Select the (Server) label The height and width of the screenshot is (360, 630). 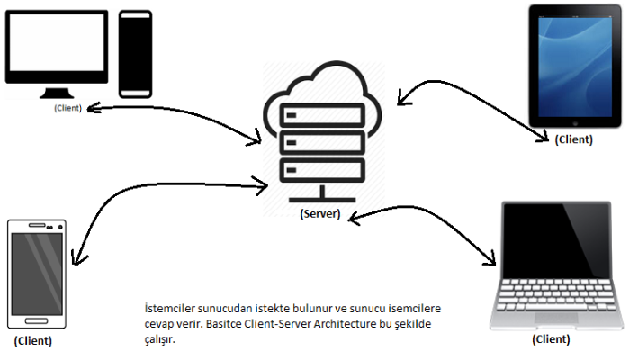coord(319,215)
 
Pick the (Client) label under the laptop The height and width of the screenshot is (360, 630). coord(551,339)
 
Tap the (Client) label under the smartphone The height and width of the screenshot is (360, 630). coord(33,341)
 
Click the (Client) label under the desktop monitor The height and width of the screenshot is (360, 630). coord(67,108)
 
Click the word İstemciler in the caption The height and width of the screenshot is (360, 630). coord(168,308)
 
